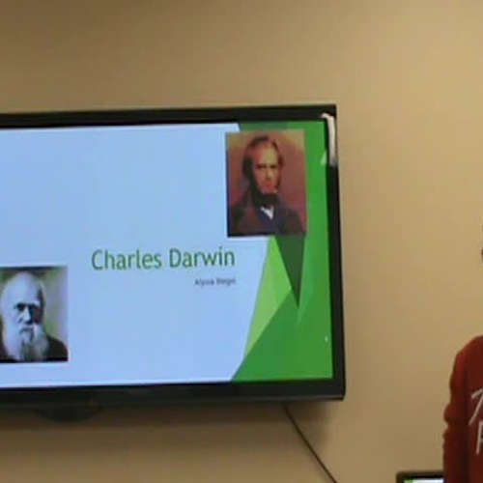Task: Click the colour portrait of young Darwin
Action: tap(265, 183)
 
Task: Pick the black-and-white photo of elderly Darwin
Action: tap(32, 314)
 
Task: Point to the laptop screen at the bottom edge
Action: tap(419, 478)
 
